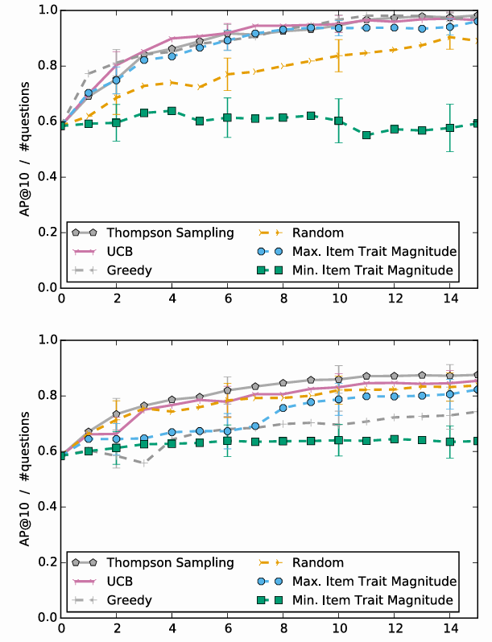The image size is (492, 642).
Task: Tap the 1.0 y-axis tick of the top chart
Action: point(47,10)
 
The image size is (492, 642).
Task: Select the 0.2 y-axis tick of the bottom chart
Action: point(47,562)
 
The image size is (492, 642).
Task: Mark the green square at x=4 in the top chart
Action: point(172,110)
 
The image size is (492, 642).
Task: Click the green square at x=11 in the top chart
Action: point(366,135)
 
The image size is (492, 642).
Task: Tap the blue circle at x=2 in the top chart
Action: point(116,80)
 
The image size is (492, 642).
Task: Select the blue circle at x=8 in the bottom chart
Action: point(283,409)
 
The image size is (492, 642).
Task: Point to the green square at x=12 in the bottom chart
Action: point(394,439)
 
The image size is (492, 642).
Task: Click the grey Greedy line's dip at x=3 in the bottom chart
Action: point(144,463)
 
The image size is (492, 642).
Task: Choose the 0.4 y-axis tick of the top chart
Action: point(47,176)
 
